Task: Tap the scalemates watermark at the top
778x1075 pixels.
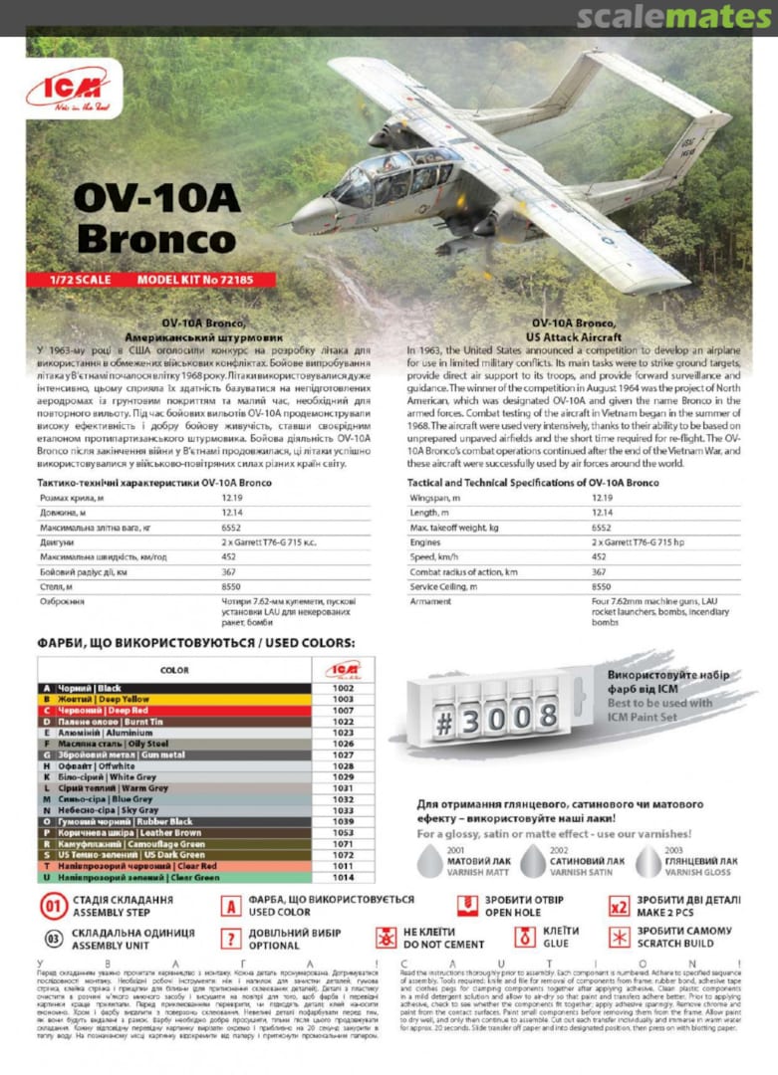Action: (674, 17)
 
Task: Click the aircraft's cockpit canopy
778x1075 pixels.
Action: (393, 173)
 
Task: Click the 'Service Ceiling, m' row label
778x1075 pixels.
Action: (446, 587)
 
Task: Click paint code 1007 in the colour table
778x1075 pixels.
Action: (344, 711)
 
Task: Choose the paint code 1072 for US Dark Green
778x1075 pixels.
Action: (344, 854)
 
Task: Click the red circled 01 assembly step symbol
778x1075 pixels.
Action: (54, 907)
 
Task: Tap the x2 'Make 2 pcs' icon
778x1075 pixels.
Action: (619, 906)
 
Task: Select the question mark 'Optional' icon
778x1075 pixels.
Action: (231, 938)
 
